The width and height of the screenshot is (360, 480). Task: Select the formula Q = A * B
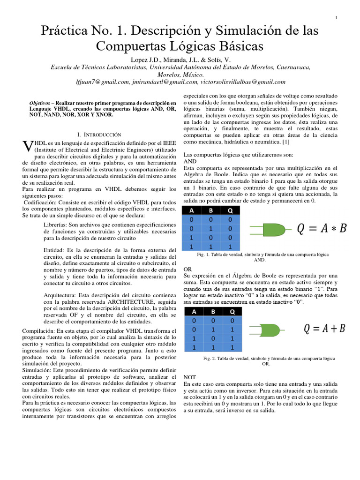(x=322, y=228)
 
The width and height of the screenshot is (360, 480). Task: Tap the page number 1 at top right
(x=337, y=18)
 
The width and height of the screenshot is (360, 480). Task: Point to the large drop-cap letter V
(x=27, y=146)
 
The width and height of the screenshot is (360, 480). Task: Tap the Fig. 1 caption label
(x=203, y=254)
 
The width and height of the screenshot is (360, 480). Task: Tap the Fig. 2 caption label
(x=209, y=358)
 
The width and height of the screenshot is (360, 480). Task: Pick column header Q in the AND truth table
(x=230, y=210)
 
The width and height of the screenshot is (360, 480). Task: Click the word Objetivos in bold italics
(x=40, y=102)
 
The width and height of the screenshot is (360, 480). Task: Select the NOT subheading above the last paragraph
(x=190, y=377)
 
